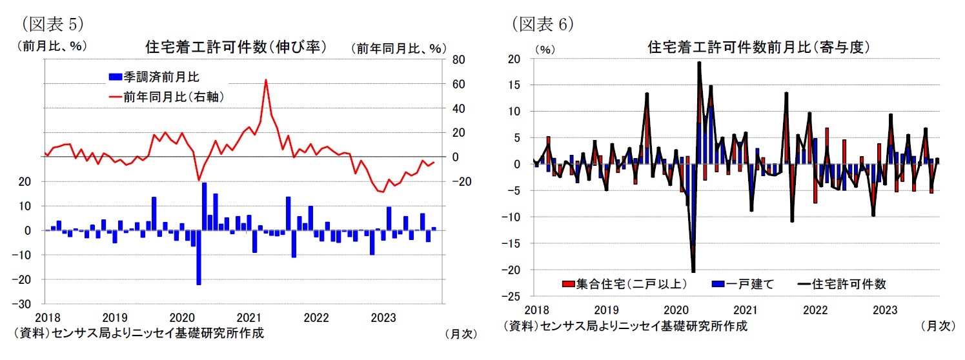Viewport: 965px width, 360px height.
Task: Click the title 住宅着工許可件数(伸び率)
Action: pos(235,47)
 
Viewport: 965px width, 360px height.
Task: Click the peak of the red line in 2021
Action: pos(266,81)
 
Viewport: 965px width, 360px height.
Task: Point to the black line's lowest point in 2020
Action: pos(693,272)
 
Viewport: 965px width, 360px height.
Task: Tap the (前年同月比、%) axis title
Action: pos(398,48)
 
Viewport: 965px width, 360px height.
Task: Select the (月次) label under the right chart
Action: pos(937,326)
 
